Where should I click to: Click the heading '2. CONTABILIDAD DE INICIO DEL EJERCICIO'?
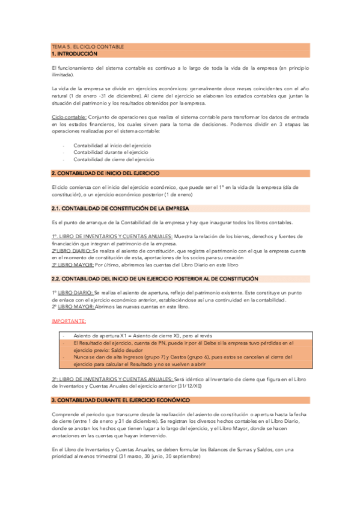tap(106, 173)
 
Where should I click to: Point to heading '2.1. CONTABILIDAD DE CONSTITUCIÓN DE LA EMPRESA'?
tap(120, 208)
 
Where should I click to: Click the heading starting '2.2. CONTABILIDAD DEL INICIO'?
tap(155, 279)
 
